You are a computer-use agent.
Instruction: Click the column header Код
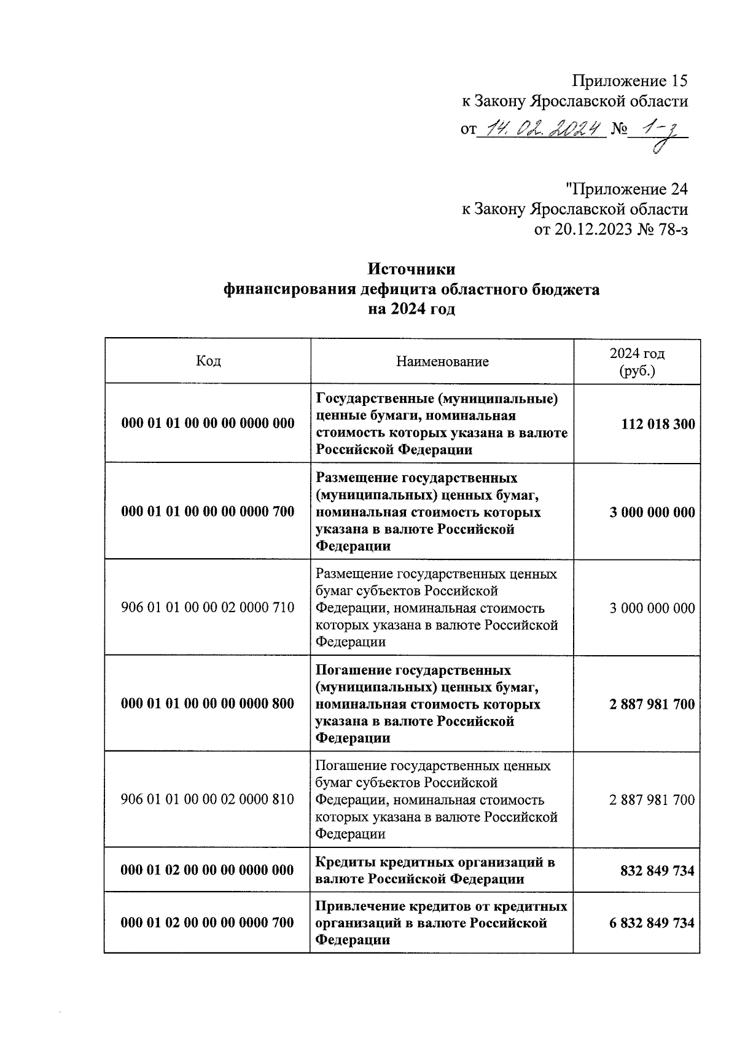point(208,361)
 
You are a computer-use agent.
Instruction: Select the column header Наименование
point(442,362)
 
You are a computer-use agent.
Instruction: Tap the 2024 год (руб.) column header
point(637,362)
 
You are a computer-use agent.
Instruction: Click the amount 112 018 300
point(658,424)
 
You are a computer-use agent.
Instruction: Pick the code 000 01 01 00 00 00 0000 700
point(208,511)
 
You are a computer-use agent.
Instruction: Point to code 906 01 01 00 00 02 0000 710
point(208,608)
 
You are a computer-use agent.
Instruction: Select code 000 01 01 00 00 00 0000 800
point(208,704)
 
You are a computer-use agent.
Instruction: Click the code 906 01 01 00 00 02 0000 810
point(208,799)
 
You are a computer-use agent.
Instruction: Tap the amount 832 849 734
point(658,871)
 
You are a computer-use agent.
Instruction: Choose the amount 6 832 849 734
point(652,923)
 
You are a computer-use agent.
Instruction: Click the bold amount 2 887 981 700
point(652,704)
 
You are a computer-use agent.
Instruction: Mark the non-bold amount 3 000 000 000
point(652,608)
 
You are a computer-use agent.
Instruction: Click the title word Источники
point(411,270)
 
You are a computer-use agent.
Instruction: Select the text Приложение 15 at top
point(630,80)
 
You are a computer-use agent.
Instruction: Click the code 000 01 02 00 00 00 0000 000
point(208,870)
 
